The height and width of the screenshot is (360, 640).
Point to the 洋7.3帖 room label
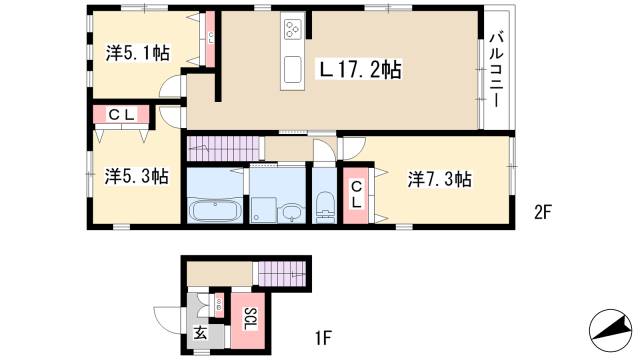439,179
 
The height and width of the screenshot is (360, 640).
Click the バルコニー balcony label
494,70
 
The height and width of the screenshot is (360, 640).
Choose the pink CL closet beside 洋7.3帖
356,192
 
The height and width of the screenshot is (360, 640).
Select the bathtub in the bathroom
211,211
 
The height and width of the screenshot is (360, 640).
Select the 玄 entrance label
200,334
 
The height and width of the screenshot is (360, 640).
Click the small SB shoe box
219,301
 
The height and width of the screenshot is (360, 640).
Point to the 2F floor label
543,210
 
